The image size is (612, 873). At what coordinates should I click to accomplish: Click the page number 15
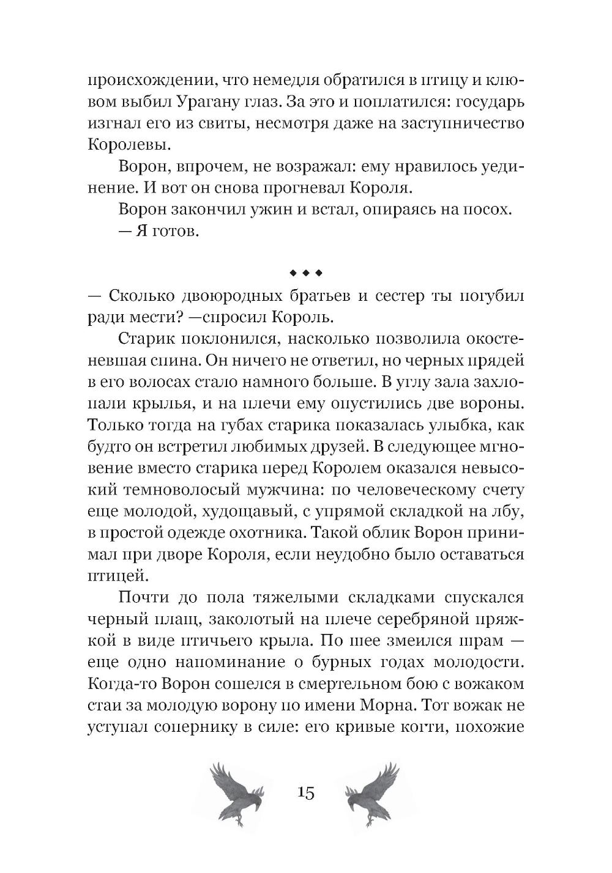coord(305,794)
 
